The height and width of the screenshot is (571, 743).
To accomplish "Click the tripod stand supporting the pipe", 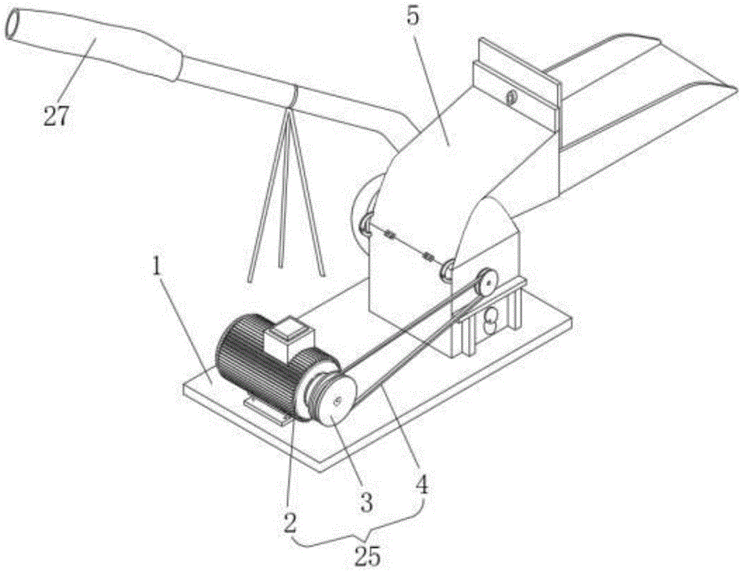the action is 287,200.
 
